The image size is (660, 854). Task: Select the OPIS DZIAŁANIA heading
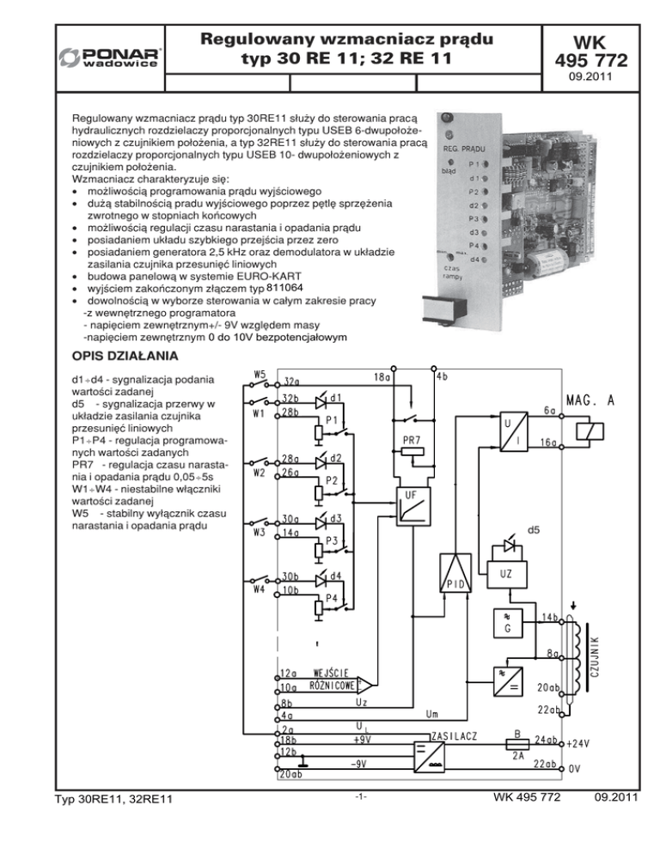pyautogui.click(x=125, y=355)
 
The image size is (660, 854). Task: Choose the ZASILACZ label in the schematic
pyautogui.click(x=455, y=737)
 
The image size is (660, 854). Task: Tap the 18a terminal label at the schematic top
pyautogui.click(x=381, y=376)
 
